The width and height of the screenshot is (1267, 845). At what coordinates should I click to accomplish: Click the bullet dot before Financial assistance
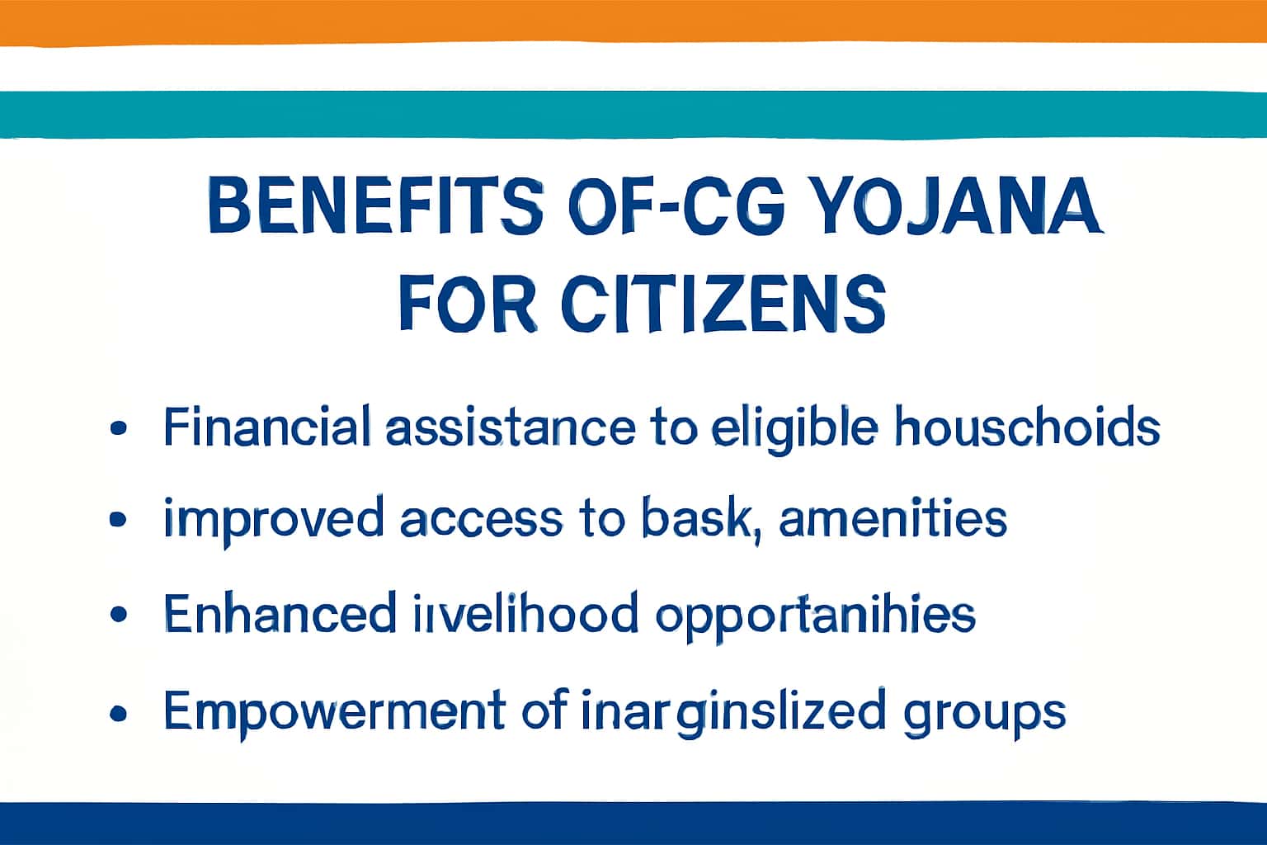119,428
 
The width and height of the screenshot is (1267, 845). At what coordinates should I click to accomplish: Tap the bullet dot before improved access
119,521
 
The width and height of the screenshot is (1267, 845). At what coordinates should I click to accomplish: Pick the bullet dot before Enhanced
119,615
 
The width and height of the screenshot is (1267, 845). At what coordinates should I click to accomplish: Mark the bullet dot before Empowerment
119,711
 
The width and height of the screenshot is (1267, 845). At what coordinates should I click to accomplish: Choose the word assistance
510,428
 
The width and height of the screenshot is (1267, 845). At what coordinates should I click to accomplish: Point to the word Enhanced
280,613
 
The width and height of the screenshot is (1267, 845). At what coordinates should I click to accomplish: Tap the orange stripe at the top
633,21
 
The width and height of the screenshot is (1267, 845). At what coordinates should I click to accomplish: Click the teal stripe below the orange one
633,114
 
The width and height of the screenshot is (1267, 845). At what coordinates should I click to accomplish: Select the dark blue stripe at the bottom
633,823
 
